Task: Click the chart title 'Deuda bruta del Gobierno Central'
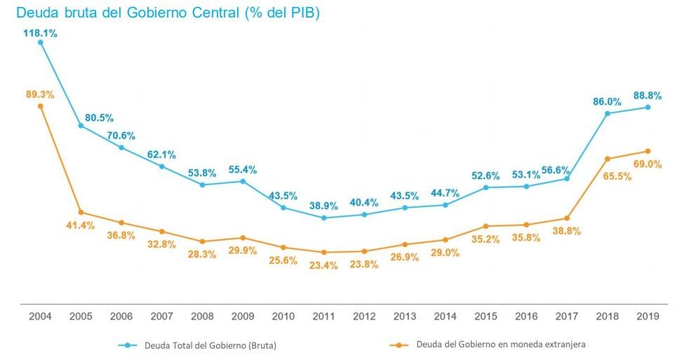pos(167,13)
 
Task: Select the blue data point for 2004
pos(40,42)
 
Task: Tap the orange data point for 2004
pos(40,106)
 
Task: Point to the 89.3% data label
pos(40,94)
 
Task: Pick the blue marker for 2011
pos(324,218)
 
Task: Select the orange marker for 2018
pos(607,159)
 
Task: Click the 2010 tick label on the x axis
pos(283,317)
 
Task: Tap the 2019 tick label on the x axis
pos(647,317)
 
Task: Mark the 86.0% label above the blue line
pos(607,101)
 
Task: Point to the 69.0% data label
pos(648,164)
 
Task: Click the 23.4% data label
pos(324,265)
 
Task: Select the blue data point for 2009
pos(243,181)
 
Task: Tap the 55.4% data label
pos(243,170)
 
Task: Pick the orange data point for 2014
pos(445,240)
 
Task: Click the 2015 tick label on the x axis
pos(486,317)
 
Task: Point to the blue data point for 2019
pos(648,107)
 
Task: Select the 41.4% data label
pos(81,225)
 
